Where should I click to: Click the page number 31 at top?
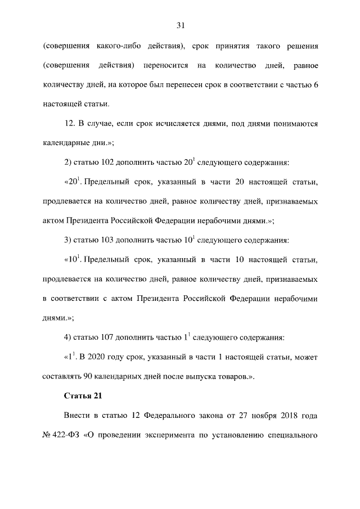coord(181,25)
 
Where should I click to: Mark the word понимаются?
coord(292,123)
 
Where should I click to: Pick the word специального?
coord(290,436)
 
